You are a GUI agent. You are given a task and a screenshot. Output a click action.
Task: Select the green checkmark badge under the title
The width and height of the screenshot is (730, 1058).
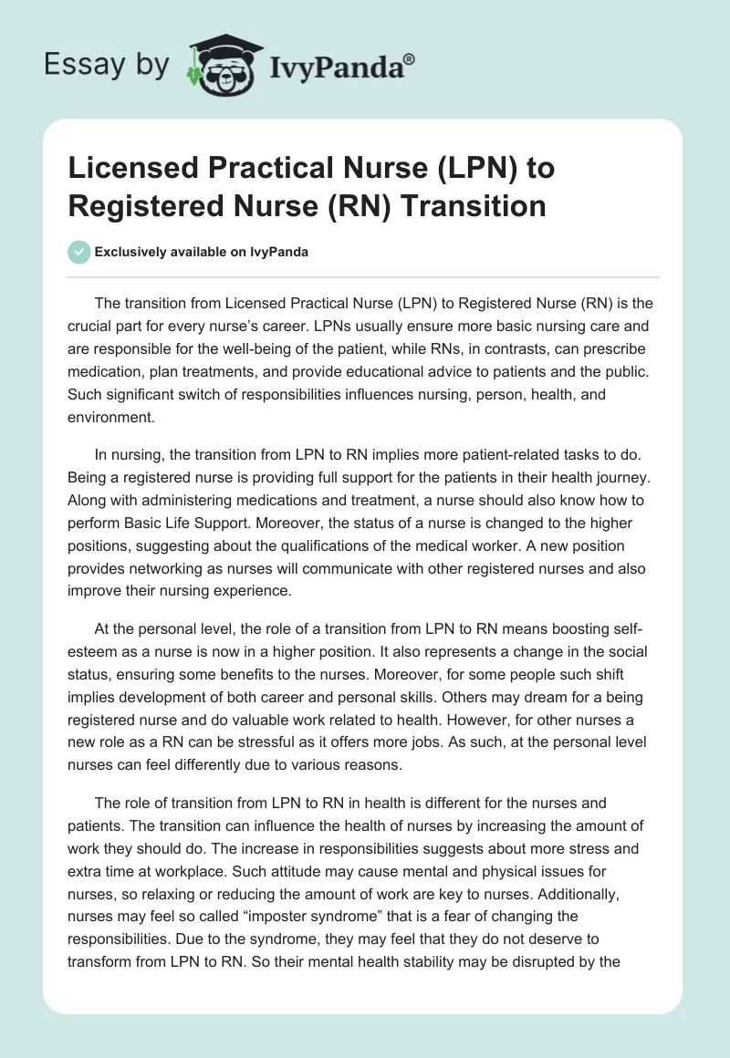tap(79, 252)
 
